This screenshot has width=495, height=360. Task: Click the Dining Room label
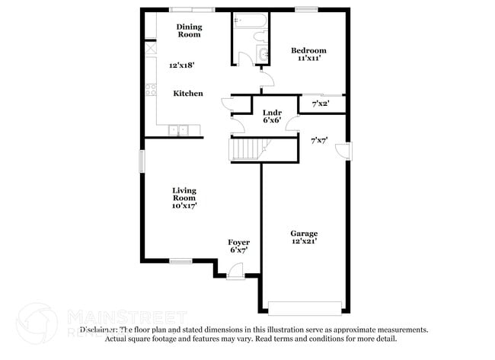[190, 31]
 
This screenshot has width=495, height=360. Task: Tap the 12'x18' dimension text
[183, 65]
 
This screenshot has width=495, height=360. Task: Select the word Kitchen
[188, 94]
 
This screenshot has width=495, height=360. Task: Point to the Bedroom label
[308, 51]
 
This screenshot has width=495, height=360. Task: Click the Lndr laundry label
[272, 113]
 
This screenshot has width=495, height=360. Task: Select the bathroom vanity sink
[263, 53]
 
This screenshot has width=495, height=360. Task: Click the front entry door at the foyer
[236, 270]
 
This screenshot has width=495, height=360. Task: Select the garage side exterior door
[346, 151]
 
